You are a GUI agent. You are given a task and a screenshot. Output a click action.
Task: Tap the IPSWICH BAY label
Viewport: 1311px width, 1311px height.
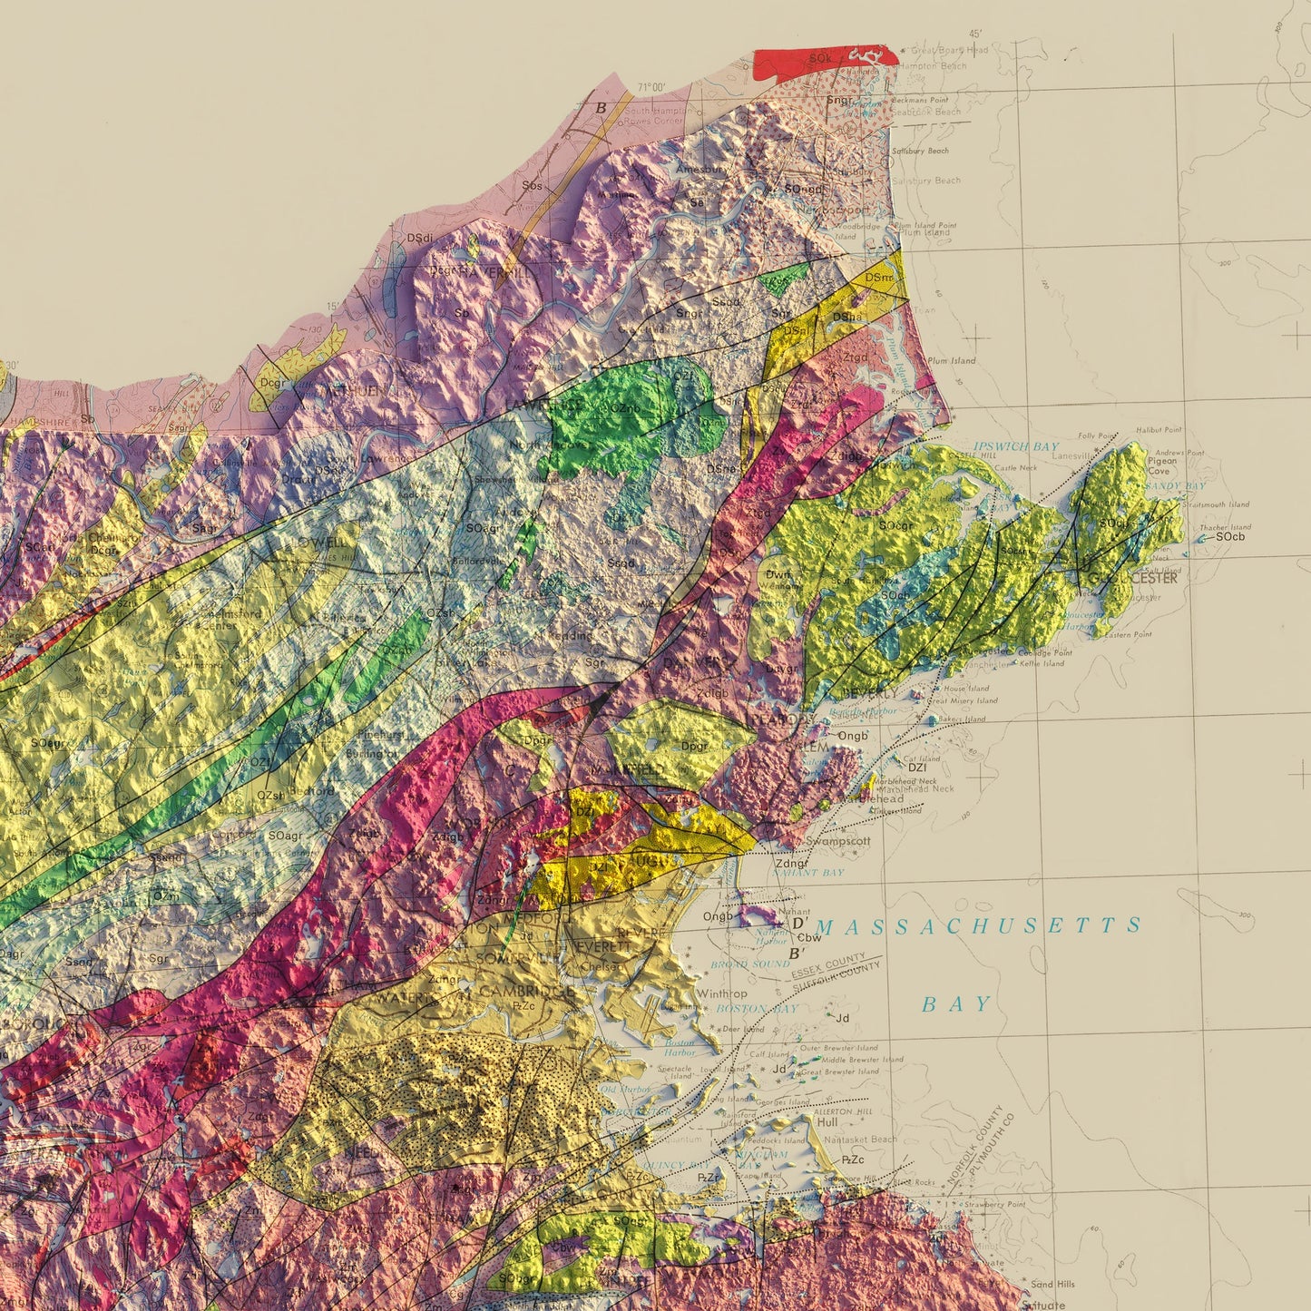[1016, 446]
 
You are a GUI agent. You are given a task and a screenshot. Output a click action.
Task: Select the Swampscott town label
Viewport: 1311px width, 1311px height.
[837, 841]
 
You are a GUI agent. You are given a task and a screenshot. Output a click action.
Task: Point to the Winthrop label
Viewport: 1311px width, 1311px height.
[722, 993]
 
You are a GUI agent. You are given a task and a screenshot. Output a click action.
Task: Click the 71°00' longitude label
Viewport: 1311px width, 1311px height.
[651, 87]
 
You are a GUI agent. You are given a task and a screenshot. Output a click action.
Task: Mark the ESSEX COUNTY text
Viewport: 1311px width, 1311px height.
[827, 963]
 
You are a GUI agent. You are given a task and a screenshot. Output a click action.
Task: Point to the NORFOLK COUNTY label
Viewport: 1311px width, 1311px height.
[975, 1143]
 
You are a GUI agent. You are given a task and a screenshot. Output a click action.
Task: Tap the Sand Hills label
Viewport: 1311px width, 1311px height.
[1052, 1284]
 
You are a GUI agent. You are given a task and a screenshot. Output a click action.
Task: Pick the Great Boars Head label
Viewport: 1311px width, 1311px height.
[949, 51]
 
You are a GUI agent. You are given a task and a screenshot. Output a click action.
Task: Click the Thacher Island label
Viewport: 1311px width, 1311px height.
[1225, 527]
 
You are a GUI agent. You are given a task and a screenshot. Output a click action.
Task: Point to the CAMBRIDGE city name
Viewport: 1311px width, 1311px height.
[526, 992]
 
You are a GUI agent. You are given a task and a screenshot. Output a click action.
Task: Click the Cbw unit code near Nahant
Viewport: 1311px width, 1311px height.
[808, 938]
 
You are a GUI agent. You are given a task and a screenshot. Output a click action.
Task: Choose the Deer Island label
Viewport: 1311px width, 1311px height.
[743, 1030]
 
